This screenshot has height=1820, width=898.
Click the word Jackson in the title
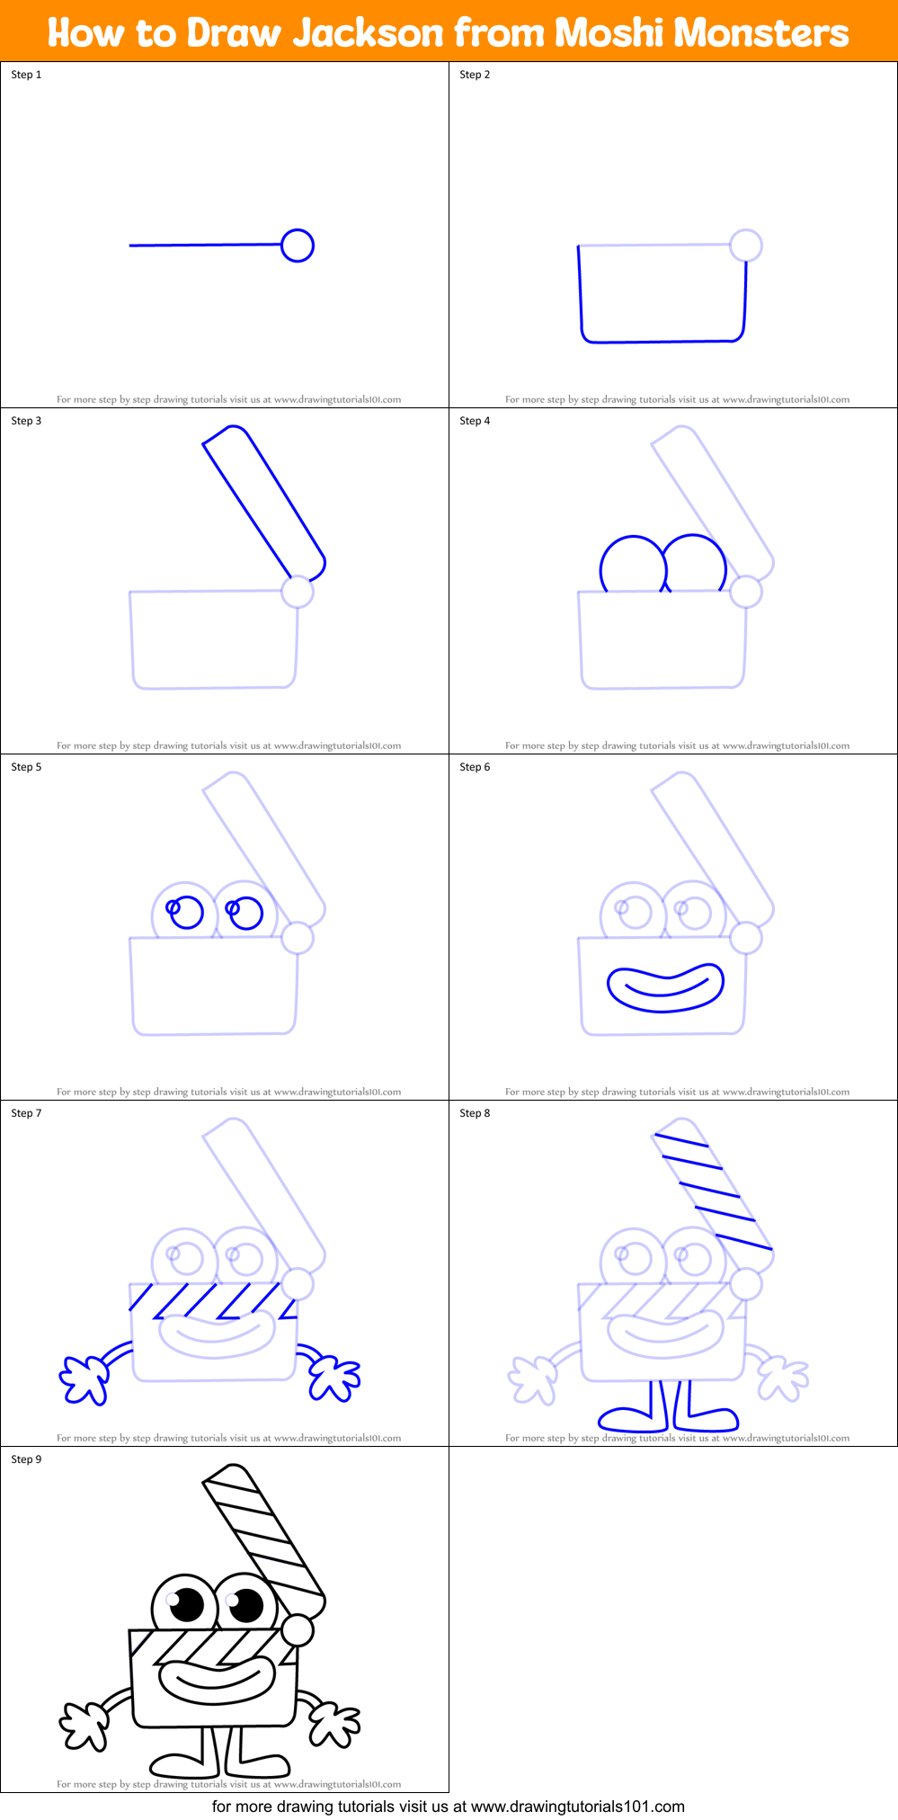click(x=369, y=33)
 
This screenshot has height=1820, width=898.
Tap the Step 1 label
click(x=26, y=75)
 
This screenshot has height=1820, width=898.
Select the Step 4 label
click(x=475, y=421)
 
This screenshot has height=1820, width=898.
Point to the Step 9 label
click(x=26, y=1459)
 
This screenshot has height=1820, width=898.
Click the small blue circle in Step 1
click(x=298, y=245)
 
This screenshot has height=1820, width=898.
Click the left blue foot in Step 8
click(x=631, y=1420)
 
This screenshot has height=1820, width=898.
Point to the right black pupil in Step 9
click(x=246, y=1604)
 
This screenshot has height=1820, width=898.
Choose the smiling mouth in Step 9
click(x=216, y=1681)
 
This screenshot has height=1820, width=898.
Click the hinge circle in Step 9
click(x=298, y=1628)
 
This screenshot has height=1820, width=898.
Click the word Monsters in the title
click(x=760, y=33)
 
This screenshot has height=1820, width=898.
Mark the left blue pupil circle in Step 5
click(x=187, y=913)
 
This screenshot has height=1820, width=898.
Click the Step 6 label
click(x=475, y=767)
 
